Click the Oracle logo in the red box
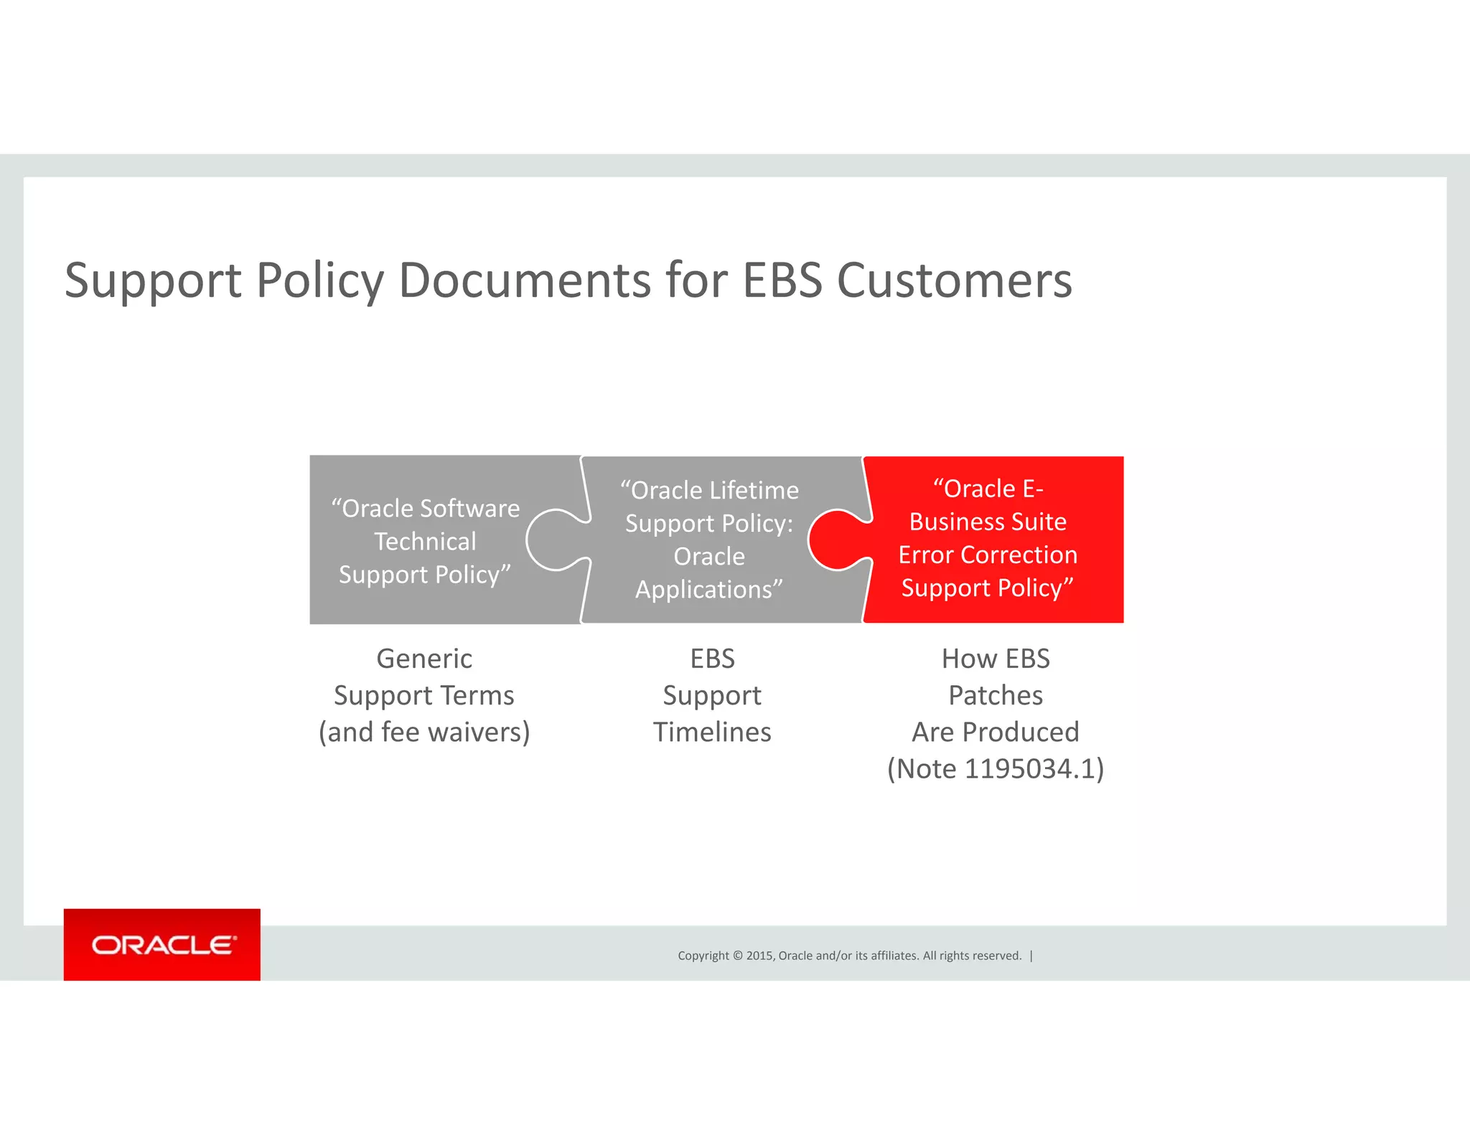(163, 945)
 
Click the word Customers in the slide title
(954, 280)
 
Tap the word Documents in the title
(525, 280)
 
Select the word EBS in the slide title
(782, 280)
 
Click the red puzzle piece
(1005, 538)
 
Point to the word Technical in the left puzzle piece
(425, 542)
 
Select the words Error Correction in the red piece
(988, 555)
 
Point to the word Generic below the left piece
(424, 659)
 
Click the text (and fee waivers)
(424, 732)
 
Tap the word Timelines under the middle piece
(712, 732)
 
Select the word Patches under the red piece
(996, 695)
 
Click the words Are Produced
(996, 732)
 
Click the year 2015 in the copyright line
(759, 956)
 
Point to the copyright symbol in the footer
(736, 956)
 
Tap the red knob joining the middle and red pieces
(836, 540)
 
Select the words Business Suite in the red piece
(988, 522)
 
